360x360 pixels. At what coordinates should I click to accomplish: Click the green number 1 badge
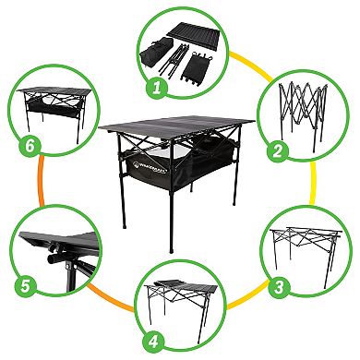coord(157,89)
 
